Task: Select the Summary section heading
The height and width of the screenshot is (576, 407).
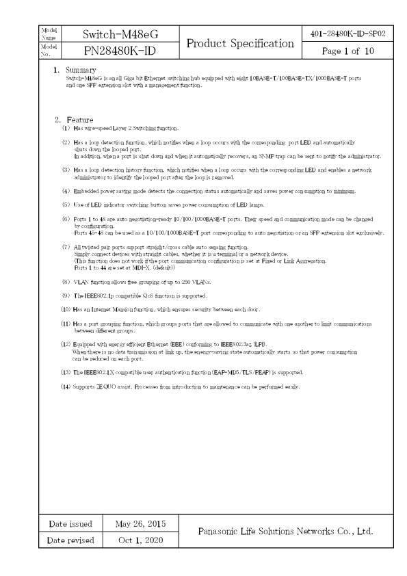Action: tap(80, 70)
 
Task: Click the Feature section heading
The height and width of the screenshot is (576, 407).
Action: tap(79, 120)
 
